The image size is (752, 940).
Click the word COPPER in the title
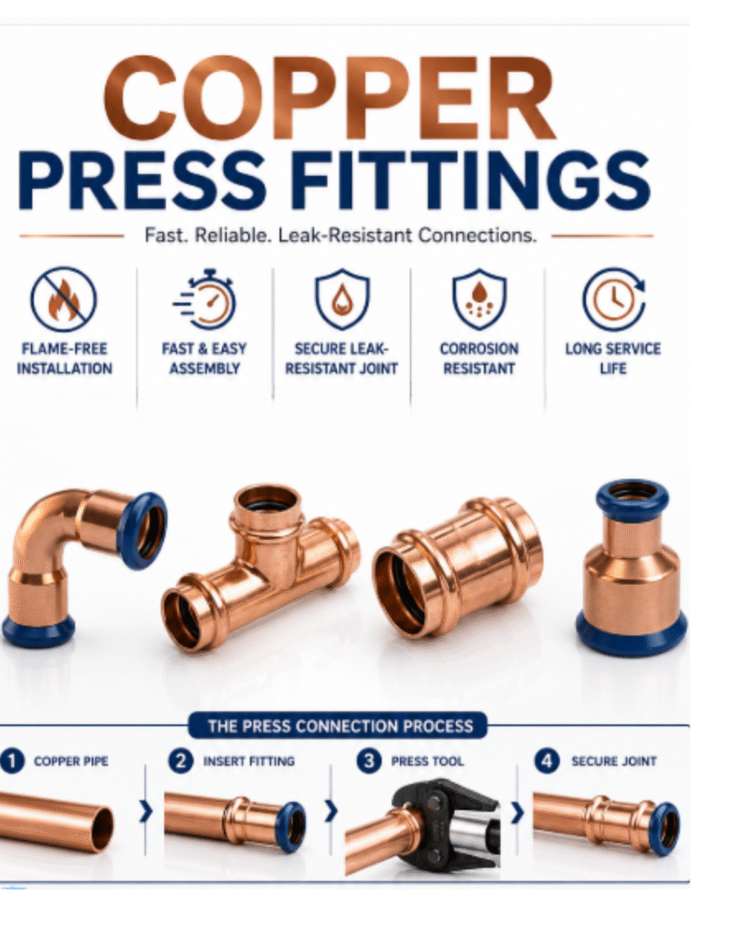[x=329, y=98]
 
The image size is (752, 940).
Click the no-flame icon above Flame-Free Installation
[x=63, y=299]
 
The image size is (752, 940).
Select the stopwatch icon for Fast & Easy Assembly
[x=205, y=299]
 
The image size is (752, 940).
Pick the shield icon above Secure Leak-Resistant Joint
[x=342, y=299]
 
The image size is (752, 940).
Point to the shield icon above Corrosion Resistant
[x=479, y=299]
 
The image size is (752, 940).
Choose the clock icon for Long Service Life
[x=613, y=299]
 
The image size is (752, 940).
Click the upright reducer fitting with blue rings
[x=632, y=566]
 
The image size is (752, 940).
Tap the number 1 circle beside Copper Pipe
[x=11, y=761]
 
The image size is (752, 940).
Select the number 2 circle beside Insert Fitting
[x=181, y=761]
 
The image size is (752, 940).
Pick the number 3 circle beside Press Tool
[x=369, y=761]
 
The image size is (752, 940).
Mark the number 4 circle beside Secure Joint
[x=546, y=761]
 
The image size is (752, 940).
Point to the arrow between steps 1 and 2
[x=146, y=812]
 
